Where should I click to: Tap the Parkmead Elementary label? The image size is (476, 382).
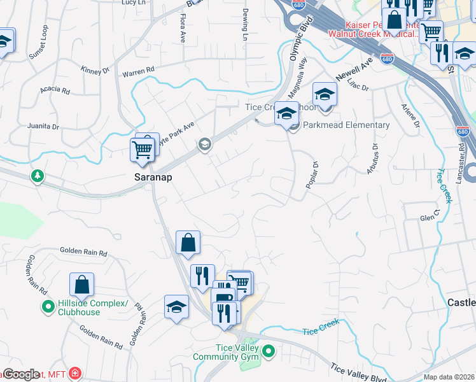tap(347, 125)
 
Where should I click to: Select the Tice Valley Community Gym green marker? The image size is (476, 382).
tap(269, 351)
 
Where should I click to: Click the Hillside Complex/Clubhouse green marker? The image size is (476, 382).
tap(48, 308)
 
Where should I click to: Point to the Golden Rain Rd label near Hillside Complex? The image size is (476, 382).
tap(84, 252)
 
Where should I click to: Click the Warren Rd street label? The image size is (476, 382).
tap(139, 71)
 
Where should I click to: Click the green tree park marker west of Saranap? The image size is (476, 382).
tap(38, 175)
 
